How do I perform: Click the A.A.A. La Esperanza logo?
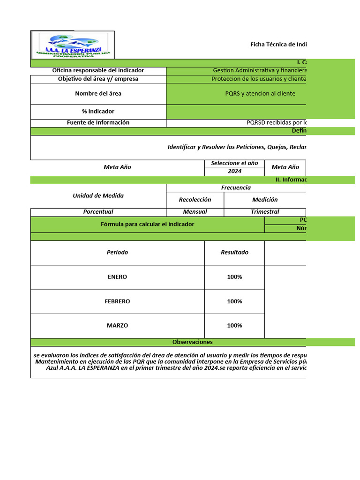(x=73, y=45)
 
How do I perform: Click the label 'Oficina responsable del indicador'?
(x=98, y=70)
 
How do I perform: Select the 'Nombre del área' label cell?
(x=98, y=93)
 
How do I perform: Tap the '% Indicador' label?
(x=98, y=112)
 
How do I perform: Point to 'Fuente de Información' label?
(x=98, y=123)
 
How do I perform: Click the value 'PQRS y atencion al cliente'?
(x=260, y=93)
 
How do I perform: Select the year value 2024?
(x=234, y=171)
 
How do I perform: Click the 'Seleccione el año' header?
(x=234, y=163)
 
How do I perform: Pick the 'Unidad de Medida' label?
(x=98, y=195)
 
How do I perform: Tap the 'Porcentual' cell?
(x=98, y=212)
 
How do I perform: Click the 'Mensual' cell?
(x=195, y=212)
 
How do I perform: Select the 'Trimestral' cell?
(x=265, y=212)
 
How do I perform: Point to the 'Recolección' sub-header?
(x=195, y=200)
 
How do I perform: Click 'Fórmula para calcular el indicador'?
(x=147, y=225)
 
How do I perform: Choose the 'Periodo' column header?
(x=117, y=252)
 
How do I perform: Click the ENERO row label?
(x=117, y=277)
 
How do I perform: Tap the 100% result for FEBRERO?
(x=234, y=301)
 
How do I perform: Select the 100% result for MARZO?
(x=234, y=326)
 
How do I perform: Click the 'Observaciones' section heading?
(x=192, y=342)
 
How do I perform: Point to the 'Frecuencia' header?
(x=236, y=187)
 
